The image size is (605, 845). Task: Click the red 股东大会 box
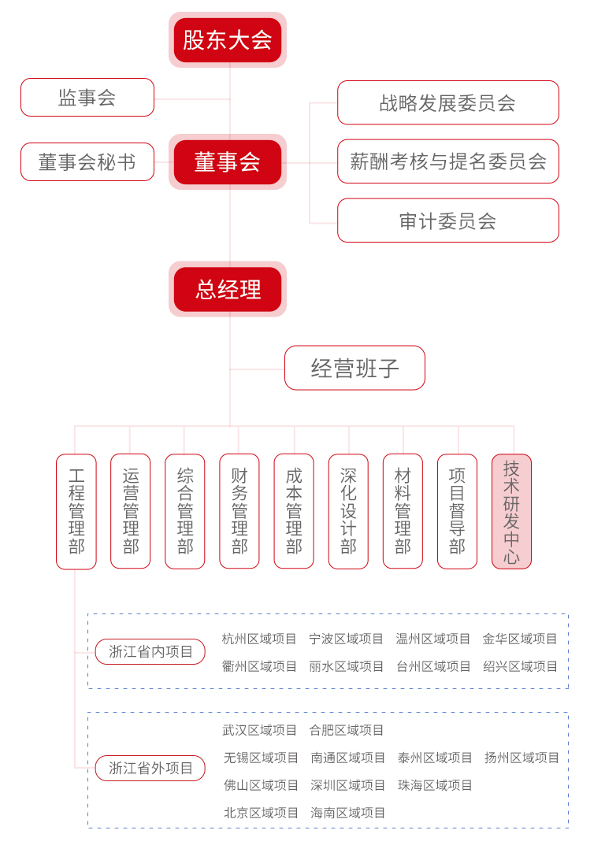[227, 40]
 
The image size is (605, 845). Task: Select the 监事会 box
[87, 97]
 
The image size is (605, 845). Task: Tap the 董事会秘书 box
[87, 161]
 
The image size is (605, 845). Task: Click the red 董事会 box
[227, 161]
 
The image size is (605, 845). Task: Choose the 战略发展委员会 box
[448, 102]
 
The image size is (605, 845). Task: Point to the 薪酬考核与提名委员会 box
[448, 161]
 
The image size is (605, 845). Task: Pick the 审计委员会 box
[448, 221]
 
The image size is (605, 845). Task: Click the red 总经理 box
[227, 289]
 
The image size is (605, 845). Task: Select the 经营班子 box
[354, 368]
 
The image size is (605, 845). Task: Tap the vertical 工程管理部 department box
[76, 511]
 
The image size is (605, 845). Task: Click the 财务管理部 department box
[239, 511]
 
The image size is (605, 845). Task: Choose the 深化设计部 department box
[348, 511]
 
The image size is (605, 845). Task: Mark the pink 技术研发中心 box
[512, 511]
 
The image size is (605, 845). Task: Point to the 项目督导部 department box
[457, 511]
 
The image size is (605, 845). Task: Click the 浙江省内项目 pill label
[150, 651]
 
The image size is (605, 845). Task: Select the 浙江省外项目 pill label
[150, 768]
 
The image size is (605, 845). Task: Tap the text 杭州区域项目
[259, 639]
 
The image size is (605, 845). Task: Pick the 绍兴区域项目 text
[521, 666]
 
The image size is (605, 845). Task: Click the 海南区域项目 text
[347, 813]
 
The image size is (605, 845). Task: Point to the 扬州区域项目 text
[521, 758]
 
